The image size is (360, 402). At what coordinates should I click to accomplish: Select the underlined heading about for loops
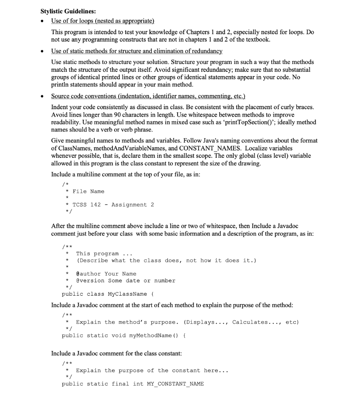(x=103, y=20)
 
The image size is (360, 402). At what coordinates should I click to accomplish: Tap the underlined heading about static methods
(x=137, y=51)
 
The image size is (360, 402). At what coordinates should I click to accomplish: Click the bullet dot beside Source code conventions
(x=43, y=97)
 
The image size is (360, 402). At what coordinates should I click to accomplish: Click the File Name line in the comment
(x=88, y=191)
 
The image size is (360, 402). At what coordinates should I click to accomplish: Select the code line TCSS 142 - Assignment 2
(x=113, y=205)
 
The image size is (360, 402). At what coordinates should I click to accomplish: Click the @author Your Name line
(x=106, y=274)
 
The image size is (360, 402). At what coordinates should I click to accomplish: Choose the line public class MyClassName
(x=104, y=294)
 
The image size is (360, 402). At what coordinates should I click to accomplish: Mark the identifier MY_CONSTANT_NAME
(x=175, y=384)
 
